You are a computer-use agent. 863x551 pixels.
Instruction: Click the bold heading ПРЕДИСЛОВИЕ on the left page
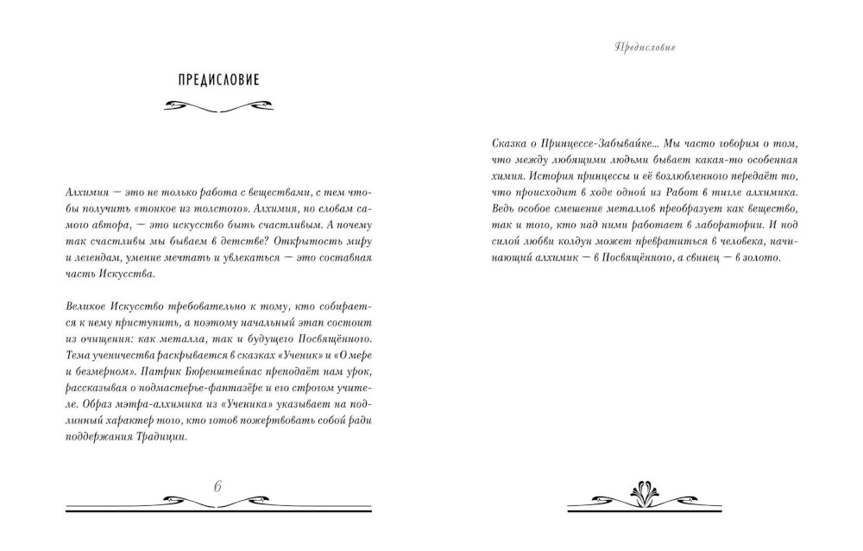[x=217, y=81]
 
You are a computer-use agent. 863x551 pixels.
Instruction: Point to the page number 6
[x=218, y=486]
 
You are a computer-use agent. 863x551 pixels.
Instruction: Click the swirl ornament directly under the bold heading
[x=217, y=107]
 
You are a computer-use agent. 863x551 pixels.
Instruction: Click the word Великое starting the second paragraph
[x=86, y=306]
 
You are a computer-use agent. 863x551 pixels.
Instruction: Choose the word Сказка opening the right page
[x=498, y=143]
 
